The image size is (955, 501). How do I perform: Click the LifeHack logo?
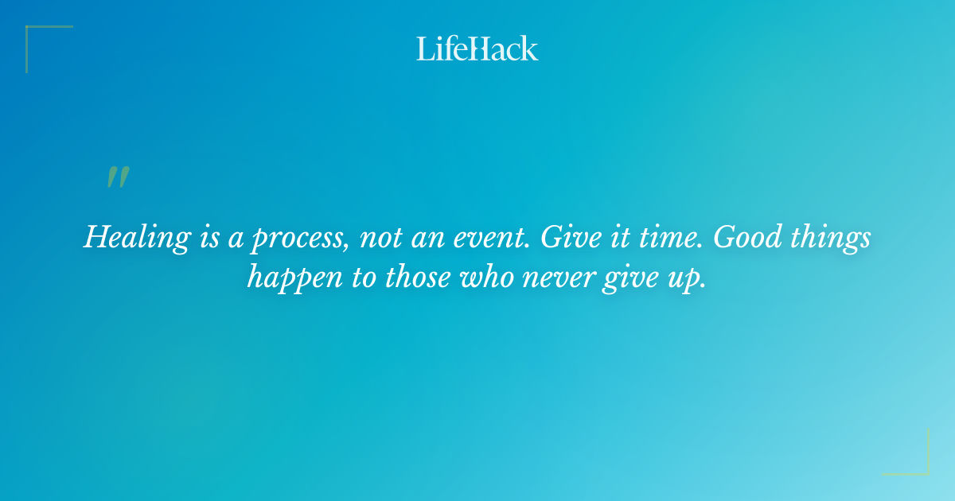477,49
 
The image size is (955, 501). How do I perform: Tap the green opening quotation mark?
117,177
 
